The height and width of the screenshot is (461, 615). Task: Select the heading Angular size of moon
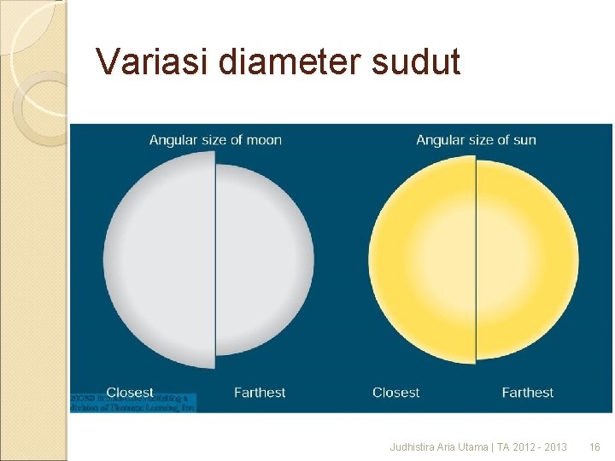215,140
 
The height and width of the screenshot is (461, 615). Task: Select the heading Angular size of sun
476,140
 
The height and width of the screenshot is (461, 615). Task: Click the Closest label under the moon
130,393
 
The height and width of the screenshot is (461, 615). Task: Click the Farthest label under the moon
260,393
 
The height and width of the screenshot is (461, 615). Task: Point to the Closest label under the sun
395,393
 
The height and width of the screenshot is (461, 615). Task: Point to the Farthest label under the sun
527,393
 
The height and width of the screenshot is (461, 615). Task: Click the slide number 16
595,447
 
